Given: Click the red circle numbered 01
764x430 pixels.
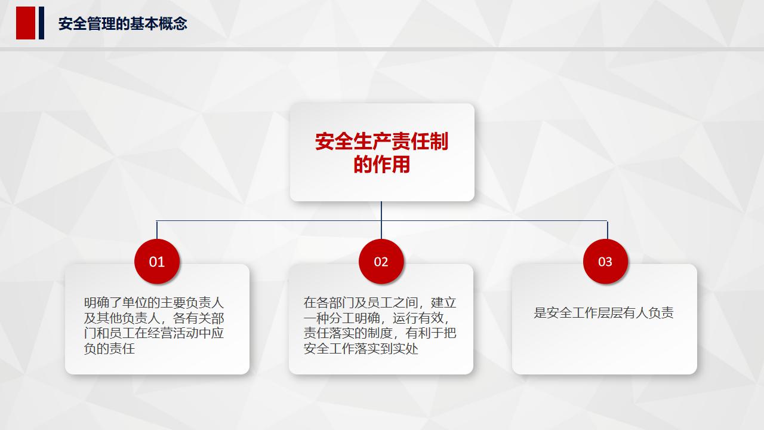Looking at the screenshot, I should [x=157, y=262].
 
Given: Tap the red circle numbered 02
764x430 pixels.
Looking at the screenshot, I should [x=381, y=262].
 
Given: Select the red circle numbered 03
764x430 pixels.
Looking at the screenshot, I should [x=605, y=262].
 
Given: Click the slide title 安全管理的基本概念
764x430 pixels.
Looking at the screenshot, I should [x=123, y=24].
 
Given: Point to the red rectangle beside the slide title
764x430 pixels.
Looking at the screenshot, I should [x=26, y=23].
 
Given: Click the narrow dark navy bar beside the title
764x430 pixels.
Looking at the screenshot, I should [x=42, y=23].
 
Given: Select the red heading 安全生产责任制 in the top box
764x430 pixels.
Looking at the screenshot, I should [x=381, y=142].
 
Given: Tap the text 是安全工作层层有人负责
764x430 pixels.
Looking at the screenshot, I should [x=603, y=312].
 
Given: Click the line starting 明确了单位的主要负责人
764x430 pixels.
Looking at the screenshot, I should [x=154, y=303].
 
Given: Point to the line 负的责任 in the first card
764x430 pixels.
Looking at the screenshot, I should [x=109, y=348].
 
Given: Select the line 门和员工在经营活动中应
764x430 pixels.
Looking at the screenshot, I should [x=154, y=333].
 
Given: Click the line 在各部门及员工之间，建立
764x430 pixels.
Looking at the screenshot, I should [x=380, y=303].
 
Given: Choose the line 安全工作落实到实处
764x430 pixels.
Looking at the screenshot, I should [x=361, y=348].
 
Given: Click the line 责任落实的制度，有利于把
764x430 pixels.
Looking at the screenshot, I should [x=380, y=333].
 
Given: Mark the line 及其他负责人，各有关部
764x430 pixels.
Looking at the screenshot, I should [x=154, y=318].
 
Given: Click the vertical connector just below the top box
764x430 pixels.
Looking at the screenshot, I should [x=381, y=211].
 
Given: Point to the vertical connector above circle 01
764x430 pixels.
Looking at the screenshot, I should [x=157, y=230].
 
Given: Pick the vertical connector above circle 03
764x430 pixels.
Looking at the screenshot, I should [x=608, y=230].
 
